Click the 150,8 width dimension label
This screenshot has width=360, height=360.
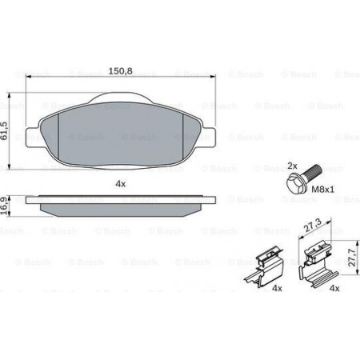120,71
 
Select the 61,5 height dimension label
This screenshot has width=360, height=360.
4,130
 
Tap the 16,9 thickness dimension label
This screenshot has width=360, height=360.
4,206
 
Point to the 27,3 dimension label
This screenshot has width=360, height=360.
313,226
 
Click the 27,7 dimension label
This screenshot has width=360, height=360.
352,257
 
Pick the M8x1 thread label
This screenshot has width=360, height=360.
322,190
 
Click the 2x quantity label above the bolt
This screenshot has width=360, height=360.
292,166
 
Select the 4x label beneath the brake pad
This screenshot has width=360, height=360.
121,184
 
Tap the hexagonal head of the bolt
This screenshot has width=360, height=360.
294,183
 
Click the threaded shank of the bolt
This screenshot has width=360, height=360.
312,171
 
